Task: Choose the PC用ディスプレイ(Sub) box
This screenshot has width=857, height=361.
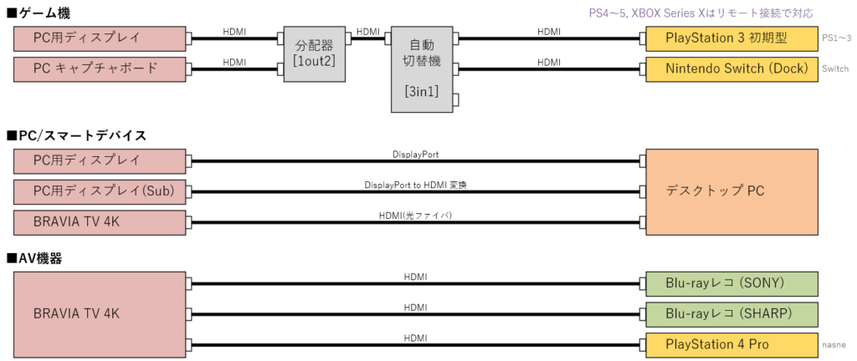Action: pyautogui.click(x=100, y=191)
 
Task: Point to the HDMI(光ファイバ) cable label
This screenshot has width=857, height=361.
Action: pyautogui.click(x=416, y=216)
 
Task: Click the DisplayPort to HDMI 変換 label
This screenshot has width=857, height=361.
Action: pyautogui.click(x=416, y=185)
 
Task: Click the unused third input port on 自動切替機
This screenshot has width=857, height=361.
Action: pyautogui.click(x=456, y=99)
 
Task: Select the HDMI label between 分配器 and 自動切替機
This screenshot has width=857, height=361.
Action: pyautogui.click(x=367, y=32)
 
